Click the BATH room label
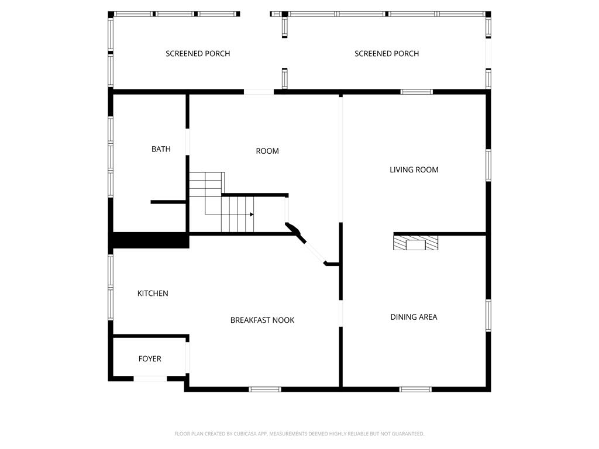tap(161, 149)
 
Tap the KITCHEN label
tap(153, 293)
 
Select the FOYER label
tap(150, 358)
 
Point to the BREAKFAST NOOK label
tap(262, 320)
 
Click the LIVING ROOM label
tap(414, 170)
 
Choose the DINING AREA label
tap(414, 317)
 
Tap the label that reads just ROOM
tap(267, 151)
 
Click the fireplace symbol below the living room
tap(416, 243)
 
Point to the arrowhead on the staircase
tap(252, 214)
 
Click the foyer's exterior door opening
tap(150, 378)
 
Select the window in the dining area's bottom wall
tap(416, 389)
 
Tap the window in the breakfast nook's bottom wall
tap(265, 389)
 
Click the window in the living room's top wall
tap(416, 92)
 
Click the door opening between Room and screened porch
tap(259, 92)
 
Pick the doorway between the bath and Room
tap(187, 141)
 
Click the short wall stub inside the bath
tap(168, 202)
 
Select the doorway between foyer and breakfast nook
tap(187, 357)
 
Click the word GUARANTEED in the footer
tap(409, 434)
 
